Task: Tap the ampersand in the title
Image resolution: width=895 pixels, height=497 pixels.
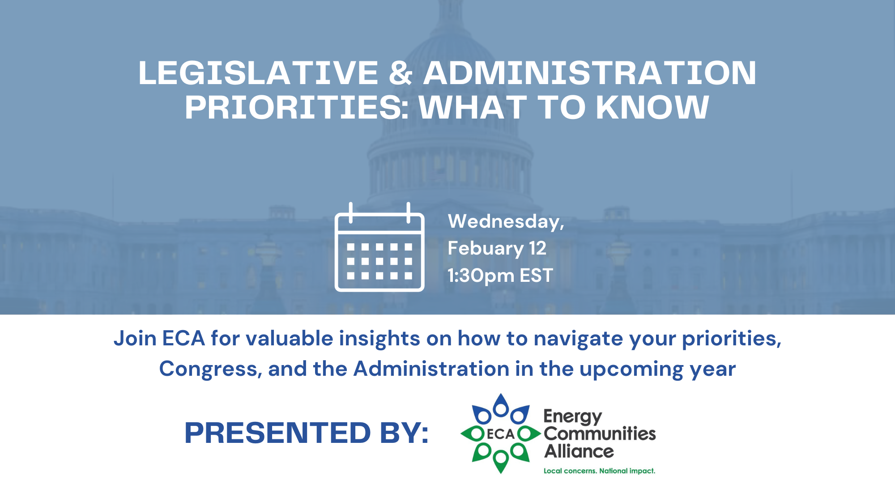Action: [401, 73]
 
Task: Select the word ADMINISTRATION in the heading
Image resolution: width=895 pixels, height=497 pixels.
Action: [590, 73]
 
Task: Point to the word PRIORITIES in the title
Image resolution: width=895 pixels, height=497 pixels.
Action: [297, 107]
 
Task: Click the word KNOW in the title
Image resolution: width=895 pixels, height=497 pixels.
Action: [652, 107]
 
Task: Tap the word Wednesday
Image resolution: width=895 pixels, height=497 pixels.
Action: [506, 221]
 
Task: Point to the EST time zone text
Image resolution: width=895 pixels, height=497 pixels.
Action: [536, 276]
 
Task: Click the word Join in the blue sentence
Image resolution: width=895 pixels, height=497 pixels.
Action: [135, 339]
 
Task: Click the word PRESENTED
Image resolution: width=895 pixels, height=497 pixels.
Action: [277, 433]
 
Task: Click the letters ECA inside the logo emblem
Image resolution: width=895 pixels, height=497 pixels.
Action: [501, 434]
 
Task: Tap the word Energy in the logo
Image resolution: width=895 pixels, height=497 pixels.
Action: [573, 417]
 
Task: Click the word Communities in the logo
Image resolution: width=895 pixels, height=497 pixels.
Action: [600, 433]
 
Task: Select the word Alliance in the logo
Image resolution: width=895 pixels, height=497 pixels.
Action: [579, 451]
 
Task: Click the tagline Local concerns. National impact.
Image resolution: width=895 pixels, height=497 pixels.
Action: [599, 471]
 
